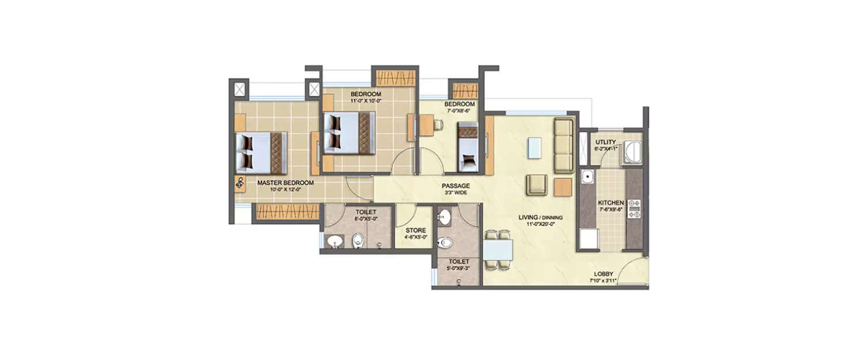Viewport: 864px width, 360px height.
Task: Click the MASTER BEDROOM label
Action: coord(285,183)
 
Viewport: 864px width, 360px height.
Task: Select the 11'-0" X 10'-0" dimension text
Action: coord(365,101)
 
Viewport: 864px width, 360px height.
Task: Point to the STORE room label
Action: coord(415,230)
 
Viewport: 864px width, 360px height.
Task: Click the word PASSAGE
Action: coord(456,186)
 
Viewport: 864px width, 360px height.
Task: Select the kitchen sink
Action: coord(588,177)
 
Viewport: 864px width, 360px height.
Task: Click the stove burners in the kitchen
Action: coord(634,209)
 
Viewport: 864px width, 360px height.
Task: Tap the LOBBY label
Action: coord(604,274)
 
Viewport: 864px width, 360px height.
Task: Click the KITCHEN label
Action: coord(611,203)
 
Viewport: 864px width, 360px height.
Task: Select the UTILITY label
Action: coord(606,142)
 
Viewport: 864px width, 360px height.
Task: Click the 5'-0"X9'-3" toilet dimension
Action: coord(458,268)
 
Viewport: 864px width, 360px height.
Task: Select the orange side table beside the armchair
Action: coord(562,187)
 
